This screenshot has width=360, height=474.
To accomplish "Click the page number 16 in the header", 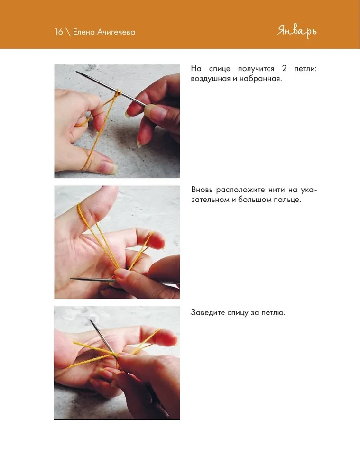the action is [x=59, y=32].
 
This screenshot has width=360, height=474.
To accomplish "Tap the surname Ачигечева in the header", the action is [x=116, y=32].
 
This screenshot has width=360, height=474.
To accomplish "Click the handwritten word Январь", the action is [x=297, y=32].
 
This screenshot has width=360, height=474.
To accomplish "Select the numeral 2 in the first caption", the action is [x=284, y=69].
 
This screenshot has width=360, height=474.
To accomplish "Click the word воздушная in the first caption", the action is [x=211, y=79].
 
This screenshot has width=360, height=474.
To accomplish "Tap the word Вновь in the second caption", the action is [x=202, y=190].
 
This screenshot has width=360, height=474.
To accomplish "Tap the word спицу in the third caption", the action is [x=239, y=313].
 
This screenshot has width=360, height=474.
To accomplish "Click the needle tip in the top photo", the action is [x=76, y=72].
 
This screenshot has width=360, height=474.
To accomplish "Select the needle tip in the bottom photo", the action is [x=92, y=321].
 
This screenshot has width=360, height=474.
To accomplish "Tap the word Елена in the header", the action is [x=83, y=32].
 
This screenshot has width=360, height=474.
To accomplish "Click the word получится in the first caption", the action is [x=256, y=69].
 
